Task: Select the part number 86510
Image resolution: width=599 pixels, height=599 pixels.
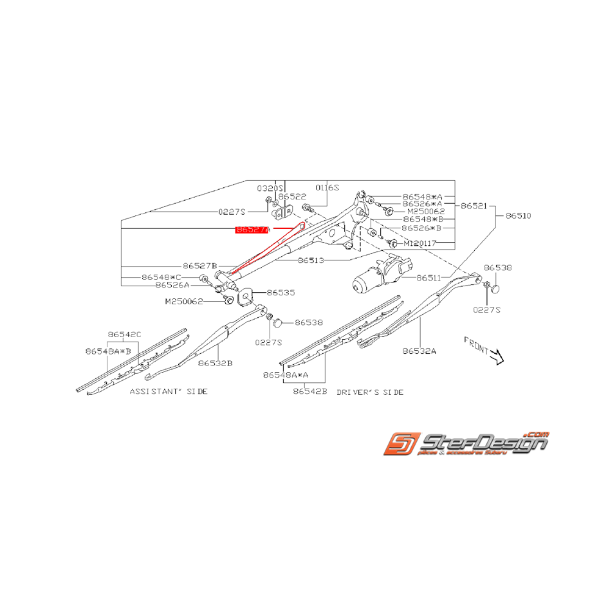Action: tap(518, 216)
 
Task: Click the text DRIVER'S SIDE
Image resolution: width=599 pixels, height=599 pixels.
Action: tap(370, 392)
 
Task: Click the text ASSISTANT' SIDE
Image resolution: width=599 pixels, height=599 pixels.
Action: tap(169, 391)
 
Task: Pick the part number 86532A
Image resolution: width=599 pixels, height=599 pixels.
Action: tap(419, 351)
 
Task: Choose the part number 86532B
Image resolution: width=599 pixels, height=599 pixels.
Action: tap(215, 363)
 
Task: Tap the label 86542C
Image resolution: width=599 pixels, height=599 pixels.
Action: tap(124, 335)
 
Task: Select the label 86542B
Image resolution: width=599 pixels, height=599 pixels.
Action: tap(310, 391)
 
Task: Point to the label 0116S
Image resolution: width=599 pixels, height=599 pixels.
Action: tap(327, 188)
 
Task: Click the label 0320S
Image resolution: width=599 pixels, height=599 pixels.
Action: tap(270, 188)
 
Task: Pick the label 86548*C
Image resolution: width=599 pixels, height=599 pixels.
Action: tap(162, 277)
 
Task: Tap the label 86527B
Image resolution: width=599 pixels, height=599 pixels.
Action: tap(199, 266)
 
